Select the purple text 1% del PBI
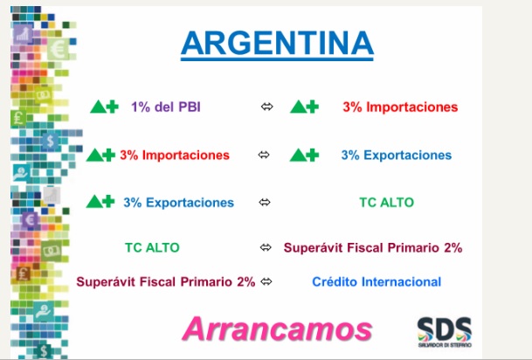point(166,107)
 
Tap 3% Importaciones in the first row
point(400,107)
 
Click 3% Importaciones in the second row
point(175,155)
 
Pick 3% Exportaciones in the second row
point(396,155)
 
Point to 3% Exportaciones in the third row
point(178,202)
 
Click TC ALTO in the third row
point(386,202)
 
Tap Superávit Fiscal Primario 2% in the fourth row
point(373,247)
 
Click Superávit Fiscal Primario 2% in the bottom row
point(165,281)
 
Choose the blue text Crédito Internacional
point(377,281)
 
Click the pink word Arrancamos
point(277,329)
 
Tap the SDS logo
point(444,331)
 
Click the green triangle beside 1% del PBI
point(97,107)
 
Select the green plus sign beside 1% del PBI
point(111,107)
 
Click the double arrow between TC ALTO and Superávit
point(266,247)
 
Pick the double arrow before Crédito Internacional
point(266,281)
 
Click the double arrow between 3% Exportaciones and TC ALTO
point(266,202)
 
